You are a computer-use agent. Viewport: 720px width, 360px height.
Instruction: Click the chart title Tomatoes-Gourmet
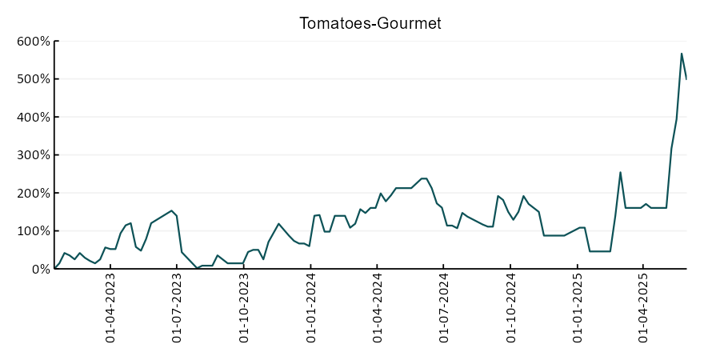click(x=370, y=23)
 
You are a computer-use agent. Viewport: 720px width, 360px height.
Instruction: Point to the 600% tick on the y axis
click(x=34, y=42)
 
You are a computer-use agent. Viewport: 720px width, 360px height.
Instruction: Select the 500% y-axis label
click(x=34, y=79)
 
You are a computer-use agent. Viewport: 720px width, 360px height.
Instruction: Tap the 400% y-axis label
click(x=34, y=117)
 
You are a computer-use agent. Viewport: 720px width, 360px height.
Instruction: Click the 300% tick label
click(x=34, y=155)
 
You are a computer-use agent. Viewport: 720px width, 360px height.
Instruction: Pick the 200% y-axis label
click(x=34, y=193)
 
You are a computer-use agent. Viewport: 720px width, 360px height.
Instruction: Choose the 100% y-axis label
click(x=34, y=231)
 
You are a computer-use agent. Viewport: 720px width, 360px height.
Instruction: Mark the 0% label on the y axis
click(x=40, y=269)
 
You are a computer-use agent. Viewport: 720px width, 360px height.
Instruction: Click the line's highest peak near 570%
click(x=682, y=54)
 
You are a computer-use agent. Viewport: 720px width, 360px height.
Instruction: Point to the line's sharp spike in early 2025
click(x=620, y=172)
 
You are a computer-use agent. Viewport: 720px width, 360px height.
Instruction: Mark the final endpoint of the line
click(x=686, y=78)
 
